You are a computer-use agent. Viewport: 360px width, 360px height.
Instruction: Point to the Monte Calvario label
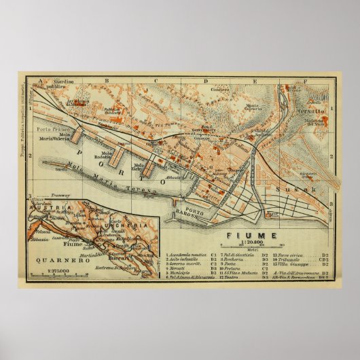(253, 108)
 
